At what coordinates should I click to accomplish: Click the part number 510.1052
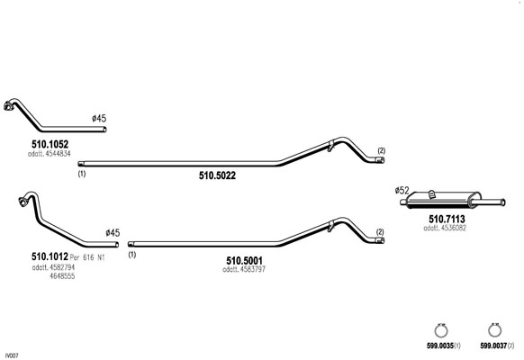click(50, 144)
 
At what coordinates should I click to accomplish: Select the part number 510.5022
click(217, 175)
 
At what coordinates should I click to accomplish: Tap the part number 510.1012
click(50, 256)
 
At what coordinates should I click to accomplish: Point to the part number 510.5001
click(244, 260)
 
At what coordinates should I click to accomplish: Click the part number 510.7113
click(447, 219)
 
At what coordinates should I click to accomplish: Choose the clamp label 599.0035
click(439, 346)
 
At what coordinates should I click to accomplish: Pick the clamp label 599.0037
click(493, 346)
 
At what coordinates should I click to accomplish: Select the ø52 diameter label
click(402, 191)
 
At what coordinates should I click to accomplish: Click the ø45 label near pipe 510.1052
click(99, 118)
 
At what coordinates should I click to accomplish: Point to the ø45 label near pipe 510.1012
click(113, 233)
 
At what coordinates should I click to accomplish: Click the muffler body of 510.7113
click(444, 200)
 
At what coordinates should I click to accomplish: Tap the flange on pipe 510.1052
click(8, 106)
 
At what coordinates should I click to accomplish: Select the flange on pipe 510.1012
click(23, 202)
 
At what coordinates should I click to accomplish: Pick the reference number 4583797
click(252, 269)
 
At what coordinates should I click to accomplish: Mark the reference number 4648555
click(62, 276)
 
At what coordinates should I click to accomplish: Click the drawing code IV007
click(14, 355)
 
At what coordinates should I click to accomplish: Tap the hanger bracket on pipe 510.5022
click(330, 146)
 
